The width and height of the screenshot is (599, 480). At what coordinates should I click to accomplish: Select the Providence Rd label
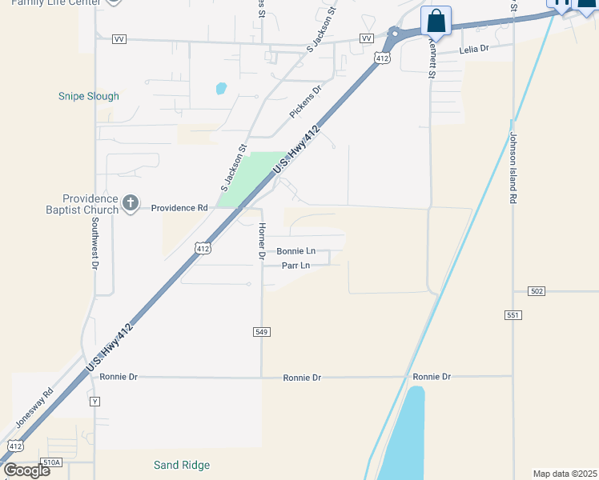tap(179, 208)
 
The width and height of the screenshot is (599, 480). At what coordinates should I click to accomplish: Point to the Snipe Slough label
tap(88, 96)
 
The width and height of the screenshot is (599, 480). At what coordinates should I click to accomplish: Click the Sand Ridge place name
tap(182, 465)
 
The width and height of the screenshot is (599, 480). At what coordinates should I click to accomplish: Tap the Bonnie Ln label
tap(295, 251)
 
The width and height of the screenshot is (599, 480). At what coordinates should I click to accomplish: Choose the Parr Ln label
tap(295, 266)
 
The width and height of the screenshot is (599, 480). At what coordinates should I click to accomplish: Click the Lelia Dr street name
tap(473, 50)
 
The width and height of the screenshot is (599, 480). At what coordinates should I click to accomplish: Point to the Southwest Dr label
tap(94, 243)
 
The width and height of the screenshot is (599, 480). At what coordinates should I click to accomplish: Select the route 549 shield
tap(261, 332)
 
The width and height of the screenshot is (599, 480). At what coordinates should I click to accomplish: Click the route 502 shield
tap(537, 291)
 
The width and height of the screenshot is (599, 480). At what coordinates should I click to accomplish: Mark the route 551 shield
tap(513, 315)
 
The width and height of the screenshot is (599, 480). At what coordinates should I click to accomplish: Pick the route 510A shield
tap(52, 462)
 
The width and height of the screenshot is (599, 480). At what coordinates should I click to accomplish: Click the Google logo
tap(26, 470)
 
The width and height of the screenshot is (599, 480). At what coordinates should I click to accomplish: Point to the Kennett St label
tap(431, 60)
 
